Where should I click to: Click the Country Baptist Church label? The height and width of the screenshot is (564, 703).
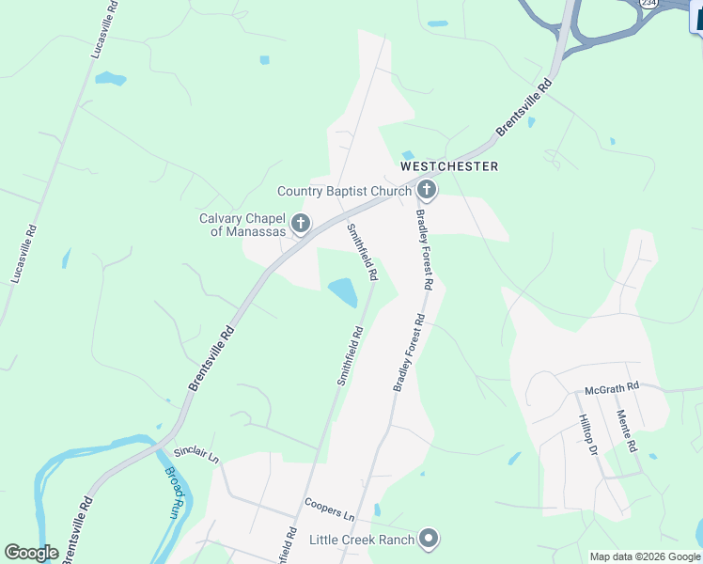point(344,191)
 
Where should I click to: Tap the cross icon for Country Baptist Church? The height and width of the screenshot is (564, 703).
point(426,191)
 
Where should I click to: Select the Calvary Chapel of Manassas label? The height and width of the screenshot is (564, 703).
point(242,225)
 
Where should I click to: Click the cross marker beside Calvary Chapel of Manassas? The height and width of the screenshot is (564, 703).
point(301,224)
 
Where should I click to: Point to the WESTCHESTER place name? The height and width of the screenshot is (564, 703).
point(449,166)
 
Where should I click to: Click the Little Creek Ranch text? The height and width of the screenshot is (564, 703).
point(362,540)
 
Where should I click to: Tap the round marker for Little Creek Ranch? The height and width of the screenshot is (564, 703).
point(429,540)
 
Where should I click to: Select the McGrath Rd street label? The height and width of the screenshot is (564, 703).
point(611,386)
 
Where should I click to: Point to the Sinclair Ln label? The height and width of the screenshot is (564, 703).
point(195,453)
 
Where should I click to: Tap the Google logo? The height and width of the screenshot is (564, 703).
point(31,553)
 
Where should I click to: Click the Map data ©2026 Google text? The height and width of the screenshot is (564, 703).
point(645,556)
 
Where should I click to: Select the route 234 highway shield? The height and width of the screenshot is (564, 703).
point(648,4)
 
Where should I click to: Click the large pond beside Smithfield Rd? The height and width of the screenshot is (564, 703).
point(343,292)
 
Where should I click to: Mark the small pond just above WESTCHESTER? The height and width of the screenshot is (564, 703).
point(408,155)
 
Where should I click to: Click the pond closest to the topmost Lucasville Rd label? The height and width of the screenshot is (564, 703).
point(110,79)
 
